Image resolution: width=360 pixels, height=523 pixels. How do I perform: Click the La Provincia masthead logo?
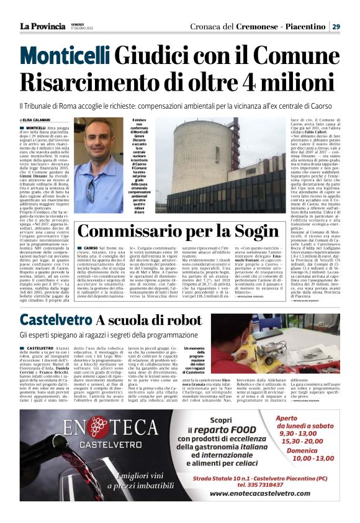pyautogui.click(x=42, y=27)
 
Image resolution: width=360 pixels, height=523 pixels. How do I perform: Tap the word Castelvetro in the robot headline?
pyautogui.click(x=56, y=321)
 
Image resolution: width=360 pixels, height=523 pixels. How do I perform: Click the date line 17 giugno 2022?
pyautogui.click(x=81, y=29)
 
